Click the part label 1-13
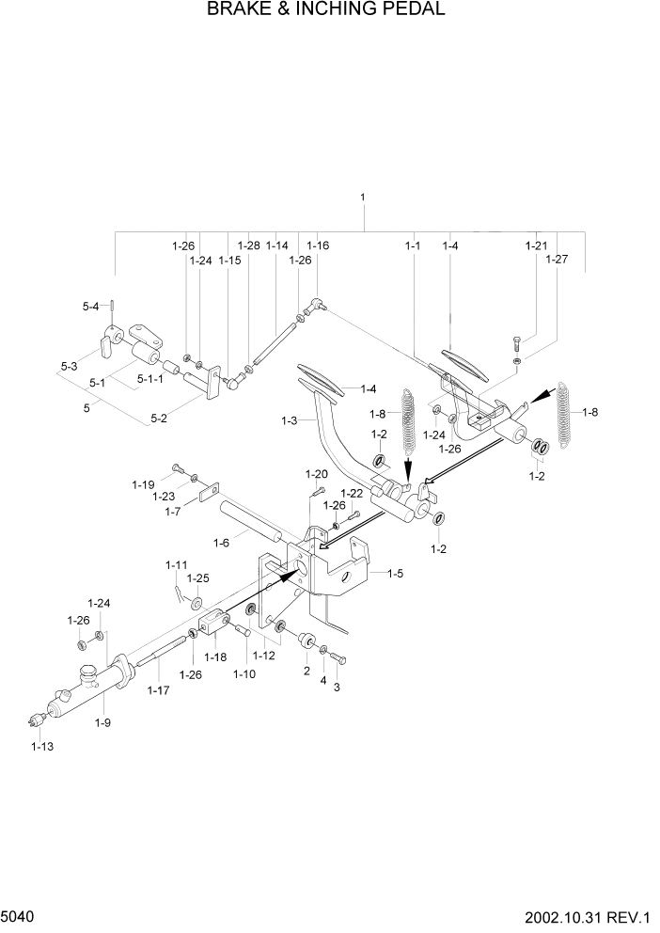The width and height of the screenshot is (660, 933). (40, 746)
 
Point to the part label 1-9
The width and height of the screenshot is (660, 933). (102, 721)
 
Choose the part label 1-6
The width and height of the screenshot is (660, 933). (221, 543)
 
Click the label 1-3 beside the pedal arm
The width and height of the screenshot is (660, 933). (290, 422)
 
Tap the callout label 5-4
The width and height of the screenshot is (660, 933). (90, 306)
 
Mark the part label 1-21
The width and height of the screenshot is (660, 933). (536, 245)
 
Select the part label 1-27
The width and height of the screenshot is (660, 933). (557, 258)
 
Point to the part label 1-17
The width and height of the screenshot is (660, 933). (158, 690)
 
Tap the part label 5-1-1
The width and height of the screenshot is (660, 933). (149, 380)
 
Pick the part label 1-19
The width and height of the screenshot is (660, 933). (143, 484)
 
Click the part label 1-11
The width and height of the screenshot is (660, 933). (177, 564)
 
